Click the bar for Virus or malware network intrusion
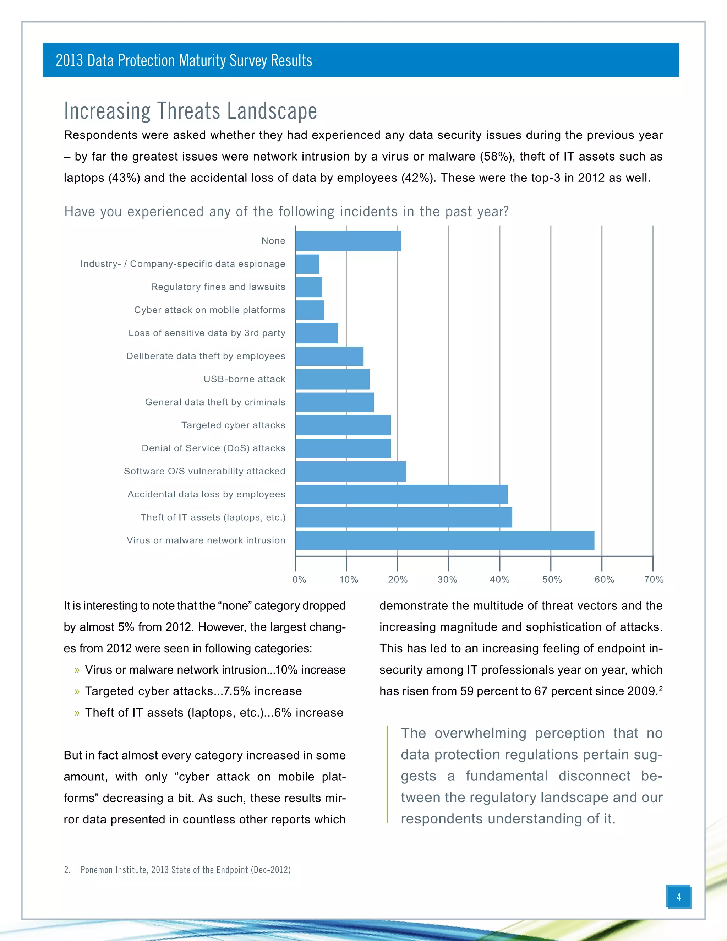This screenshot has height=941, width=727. (x=444, y=540)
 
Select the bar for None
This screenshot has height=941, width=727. (x=348, y=241)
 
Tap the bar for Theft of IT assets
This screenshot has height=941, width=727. (x=404, y=517)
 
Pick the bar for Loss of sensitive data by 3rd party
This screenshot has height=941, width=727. (x=317, y=333)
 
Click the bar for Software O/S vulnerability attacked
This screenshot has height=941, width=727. (x=351, y=471)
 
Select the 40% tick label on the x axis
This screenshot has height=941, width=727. (x=499, y=580)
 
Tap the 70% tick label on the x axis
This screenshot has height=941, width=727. (x=654, y=580)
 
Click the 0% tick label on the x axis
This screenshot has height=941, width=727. (x=299, y=580)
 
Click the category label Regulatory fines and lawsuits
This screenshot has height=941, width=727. (x=218, y=287)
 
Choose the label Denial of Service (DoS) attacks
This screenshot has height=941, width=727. (x=213, y=448)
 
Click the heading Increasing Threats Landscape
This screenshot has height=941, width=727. (x=190, y=111)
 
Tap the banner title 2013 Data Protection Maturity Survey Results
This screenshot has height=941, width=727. (x=184, y=60)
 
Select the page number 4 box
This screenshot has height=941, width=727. (x=678, y=897)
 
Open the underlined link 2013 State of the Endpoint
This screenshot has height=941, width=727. (x=199, y=870)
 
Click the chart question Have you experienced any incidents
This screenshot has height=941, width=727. (x=286, y=212)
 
